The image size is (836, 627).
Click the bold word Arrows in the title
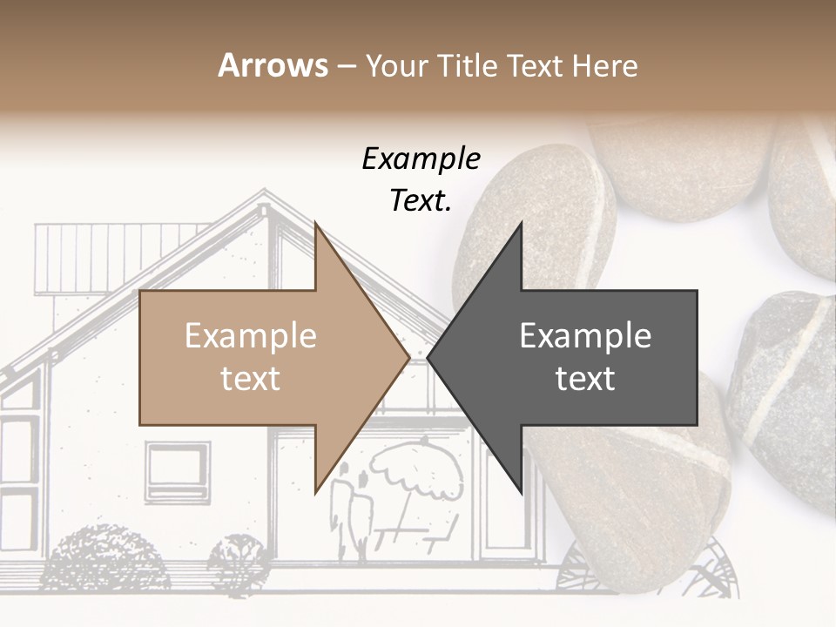point(273,66)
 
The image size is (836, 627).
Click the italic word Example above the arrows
point(421,159)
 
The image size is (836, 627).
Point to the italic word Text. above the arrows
point(421,201)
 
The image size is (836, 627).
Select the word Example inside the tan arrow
point(251,336)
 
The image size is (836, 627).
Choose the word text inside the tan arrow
point(251,379)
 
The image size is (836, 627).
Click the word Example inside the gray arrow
point(585,336)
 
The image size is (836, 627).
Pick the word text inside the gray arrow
point(585,379)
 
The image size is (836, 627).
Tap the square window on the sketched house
point(177,471)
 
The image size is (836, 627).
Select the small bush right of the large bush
point(237,562)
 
